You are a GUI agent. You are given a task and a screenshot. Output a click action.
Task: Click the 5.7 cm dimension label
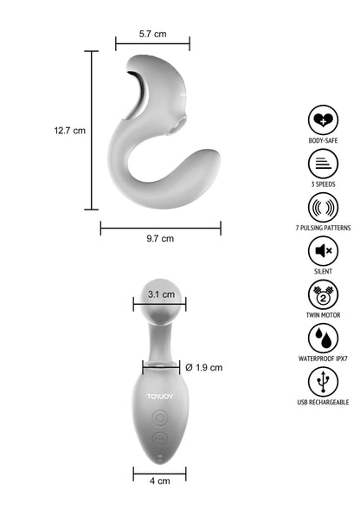[x=152, y=34]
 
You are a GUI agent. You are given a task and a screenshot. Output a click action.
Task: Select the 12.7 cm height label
[x=69, y=131]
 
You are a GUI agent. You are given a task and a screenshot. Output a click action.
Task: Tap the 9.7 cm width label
[x=160, y=238]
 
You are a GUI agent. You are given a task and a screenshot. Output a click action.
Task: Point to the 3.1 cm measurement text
[x=161, y=294]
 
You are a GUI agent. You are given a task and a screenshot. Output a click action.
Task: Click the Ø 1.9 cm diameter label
[x=204, y=367]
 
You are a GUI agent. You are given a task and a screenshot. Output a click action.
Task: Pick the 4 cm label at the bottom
[x=160, y=481]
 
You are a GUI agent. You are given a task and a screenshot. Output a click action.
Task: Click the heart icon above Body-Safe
[x=323, y=120]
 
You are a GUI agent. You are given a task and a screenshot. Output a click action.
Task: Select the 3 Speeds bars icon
[x=323, y=164]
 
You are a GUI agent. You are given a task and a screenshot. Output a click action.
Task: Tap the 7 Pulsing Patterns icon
[x=323, y=207]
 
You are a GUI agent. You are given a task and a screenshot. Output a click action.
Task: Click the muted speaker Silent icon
[x=323, y=251]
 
